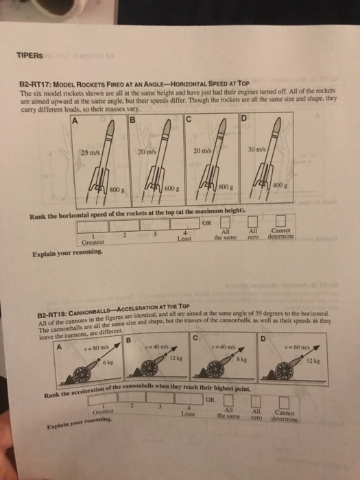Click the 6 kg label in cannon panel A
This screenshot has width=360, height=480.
88,363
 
